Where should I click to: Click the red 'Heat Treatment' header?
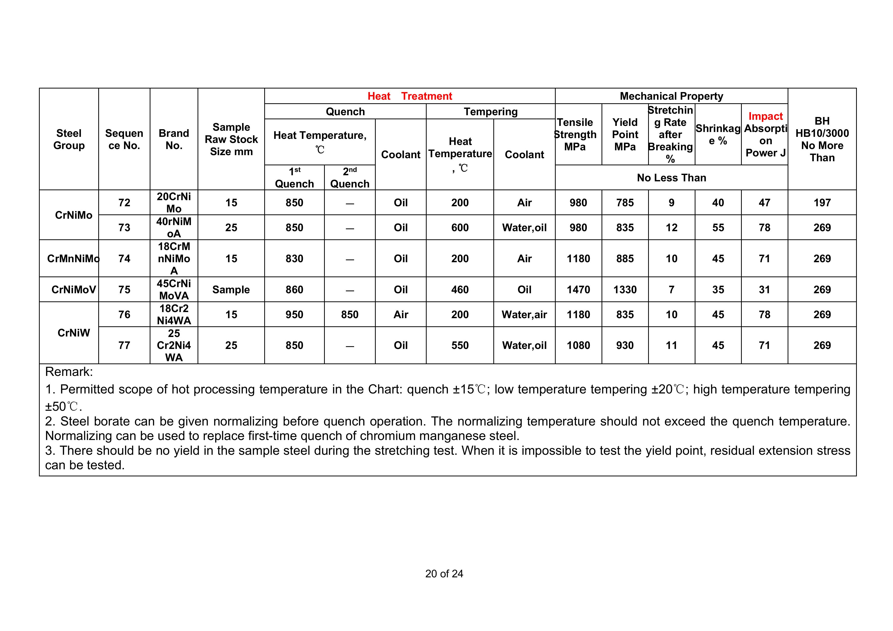(410, 96)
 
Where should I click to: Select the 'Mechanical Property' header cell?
(671, 96)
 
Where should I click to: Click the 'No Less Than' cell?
(671, 178)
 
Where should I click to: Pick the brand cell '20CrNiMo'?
(174, 202)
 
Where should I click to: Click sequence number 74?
(124, 258)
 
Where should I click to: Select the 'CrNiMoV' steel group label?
(74, 289)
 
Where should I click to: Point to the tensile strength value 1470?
(578, 289)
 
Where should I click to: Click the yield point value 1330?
(625, 289)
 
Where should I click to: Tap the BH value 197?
(822, 202)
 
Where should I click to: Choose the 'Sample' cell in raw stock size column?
(231, 289)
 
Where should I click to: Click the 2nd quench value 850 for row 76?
(350, 314)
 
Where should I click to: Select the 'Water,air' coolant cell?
(524, 314)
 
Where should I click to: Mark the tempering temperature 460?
(460, 289)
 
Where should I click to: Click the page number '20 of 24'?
(444, 574)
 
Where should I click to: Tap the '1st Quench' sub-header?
(295, 178)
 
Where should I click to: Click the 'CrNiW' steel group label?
(74, 333)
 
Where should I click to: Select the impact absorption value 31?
(764, 289)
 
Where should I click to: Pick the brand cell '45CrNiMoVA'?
(174, 289)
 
